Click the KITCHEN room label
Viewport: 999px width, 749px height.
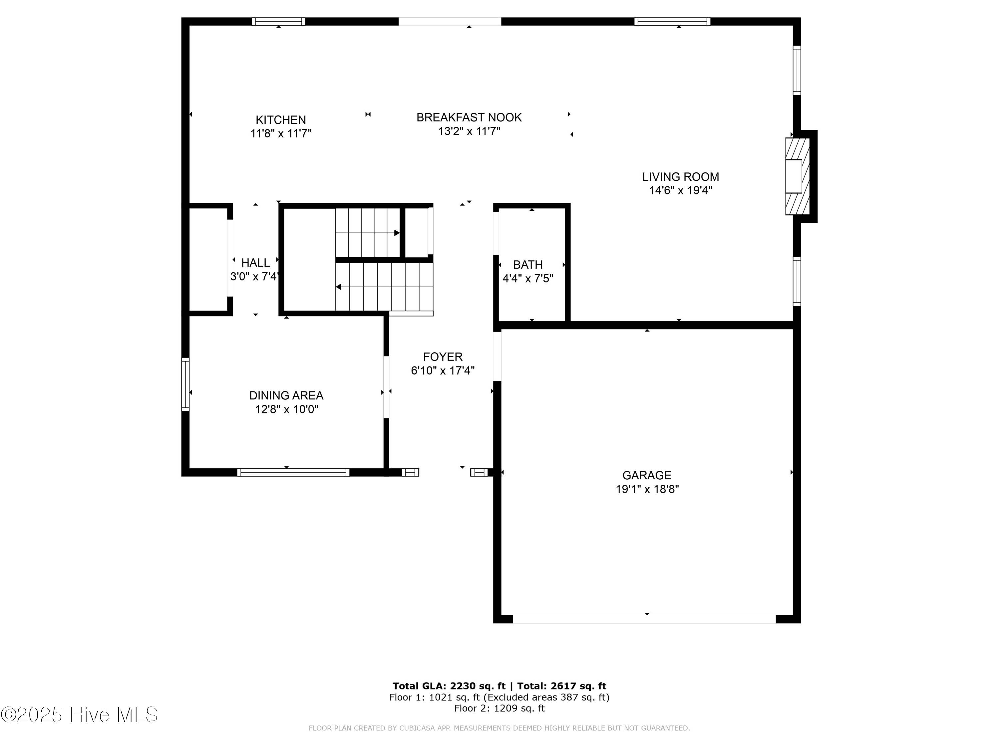[x=280, y=120]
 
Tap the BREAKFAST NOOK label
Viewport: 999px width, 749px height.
[x=469, y=118]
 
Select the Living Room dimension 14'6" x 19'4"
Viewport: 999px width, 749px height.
[x=681, y=190]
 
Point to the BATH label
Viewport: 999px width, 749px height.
[x=527, y=265]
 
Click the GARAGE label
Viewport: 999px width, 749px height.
[x=647, y=475]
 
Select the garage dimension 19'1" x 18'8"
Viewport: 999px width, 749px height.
[x=647, y=489]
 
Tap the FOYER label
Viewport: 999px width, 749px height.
[x=443, y=357]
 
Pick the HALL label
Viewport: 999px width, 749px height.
[x=255, y=262]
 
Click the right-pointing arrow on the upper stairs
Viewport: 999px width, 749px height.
[x=397, y=233]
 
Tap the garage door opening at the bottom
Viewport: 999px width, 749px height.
[x=644, y=619]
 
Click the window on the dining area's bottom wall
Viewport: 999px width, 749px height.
[x=293, y=472]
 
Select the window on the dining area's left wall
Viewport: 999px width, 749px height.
[x=185, y=384]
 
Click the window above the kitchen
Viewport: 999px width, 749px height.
[x=278, y=21]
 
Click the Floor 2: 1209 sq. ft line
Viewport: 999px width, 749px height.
[x=499, y=708]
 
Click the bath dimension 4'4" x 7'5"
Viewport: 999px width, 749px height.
[x=527, y=279]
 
